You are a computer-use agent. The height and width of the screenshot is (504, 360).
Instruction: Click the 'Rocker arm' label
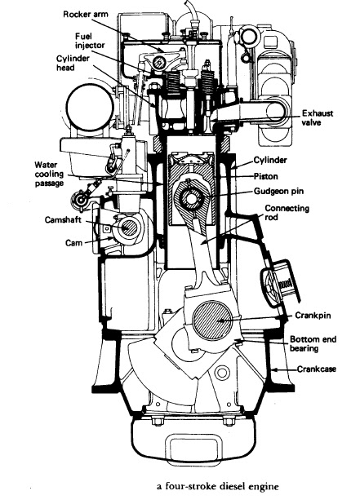[x=85, y=15]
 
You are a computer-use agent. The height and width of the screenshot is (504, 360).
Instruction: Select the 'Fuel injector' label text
[x=90, y=41]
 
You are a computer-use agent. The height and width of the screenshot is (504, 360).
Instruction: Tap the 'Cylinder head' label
[x=73, y=64]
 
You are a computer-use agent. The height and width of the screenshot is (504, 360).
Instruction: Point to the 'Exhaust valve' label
[x=318, y=118]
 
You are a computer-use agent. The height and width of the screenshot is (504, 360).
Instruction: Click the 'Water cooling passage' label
[x=49, y=175]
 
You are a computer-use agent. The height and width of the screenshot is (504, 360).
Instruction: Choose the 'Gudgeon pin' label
[x=278, y=192]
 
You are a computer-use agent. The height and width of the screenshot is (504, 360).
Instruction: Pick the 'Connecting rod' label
[x=287, y=213]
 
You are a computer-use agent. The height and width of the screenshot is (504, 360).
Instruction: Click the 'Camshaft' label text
[x=63, y=220]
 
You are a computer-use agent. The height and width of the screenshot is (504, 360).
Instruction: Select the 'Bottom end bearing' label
[x=313, y=344]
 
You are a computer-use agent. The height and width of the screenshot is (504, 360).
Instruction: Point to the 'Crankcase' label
[x=316, y=369]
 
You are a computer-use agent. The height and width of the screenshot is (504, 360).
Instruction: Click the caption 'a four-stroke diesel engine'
[x=217, y=486]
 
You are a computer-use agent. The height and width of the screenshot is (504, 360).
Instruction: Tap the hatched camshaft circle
[x=130, y=228]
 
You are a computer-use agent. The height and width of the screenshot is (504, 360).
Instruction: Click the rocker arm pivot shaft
[x=158, y=62]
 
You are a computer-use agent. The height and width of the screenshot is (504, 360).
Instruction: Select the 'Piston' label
[x=266, y=176]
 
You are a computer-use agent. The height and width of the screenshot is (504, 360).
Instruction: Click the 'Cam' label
[x=73, y=243]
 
